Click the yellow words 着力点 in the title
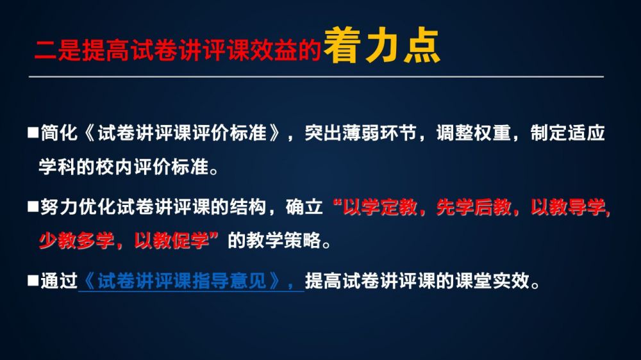pyautogui.click(x=381, y=45)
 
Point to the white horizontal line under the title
pyautogui.click(x=316, y=76)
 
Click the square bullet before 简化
pyautogui.click(x=33, y=132)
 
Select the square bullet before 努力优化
pyautogui.click(x=33, y=206)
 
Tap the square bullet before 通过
pyautogui.click(x=33, y=281)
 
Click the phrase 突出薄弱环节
pyautogui.click(x=360, y=133)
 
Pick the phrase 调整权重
pyautogui.click(x=474, y=133)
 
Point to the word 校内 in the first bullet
pyautogui.click(x=115, y=167)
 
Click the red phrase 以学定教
pyautogui.click(x=379, y=207)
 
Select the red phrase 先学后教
pyautogui.click(x=474, y=207)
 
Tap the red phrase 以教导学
pyautogui.click(x=568, y=207)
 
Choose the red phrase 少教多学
pyautogui.click(x=76, y=241)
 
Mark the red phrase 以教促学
pyautogui.click(x=172, y=241)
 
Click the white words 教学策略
pyautogui.click(x=274, y=241)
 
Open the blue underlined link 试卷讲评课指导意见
pyautogui.click(x=182, y=281)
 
